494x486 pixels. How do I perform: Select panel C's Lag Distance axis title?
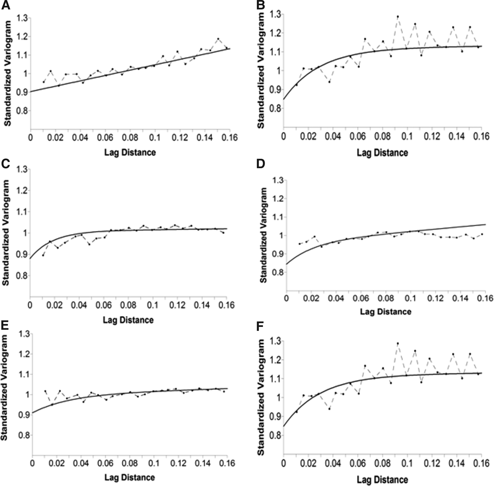128,320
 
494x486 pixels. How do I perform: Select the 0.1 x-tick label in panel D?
410,298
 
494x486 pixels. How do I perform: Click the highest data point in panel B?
398,17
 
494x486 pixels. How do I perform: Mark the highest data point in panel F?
398,343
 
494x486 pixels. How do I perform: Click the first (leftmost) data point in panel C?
43,255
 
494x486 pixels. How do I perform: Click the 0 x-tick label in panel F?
283,463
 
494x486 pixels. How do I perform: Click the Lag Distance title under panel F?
382,480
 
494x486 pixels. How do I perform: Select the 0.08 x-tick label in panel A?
130,137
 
